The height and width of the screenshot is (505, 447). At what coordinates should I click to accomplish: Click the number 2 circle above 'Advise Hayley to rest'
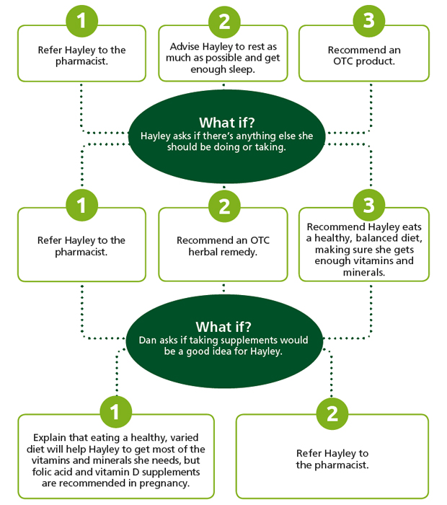224,21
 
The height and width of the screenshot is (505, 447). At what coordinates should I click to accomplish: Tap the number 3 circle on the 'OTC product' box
369,21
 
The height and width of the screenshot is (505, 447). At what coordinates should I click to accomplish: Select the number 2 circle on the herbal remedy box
224,206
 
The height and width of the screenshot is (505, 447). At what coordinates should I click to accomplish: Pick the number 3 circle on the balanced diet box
369,205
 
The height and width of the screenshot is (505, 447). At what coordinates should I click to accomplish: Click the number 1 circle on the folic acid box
116,412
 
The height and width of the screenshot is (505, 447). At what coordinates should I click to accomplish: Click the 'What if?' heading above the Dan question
223,327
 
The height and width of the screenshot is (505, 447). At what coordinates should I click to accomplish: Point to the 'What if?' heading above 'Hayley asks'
227,123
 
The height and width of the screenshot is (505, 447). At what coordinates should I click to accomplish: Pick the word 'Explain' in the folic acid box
50,438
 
